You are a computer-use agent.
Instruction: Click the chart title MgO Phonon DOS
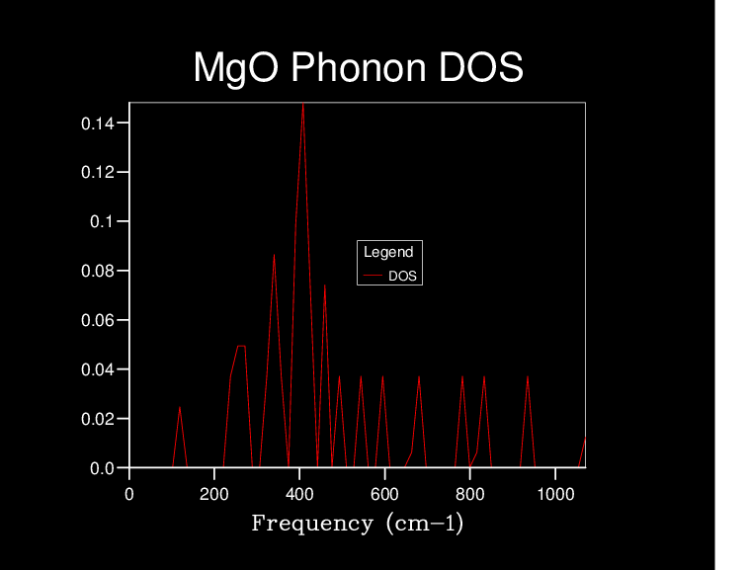pos(358,68)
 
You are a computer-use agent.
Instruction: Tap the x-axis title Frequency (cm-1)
pos(358,523)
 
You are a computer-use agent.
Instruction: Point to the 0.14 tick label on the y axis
pos(97,123)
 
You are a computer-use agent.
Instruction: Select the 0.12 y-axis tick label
pos(97,173)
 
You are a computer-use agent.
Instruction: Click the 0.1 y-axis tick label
pos(102,221)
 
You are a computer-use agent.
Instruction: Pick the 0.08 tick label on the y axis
pos(97,271)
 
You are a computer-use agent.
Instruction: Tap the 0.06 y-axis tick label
pos(97,320)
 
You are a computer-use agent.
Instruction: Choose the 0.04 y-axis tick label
pos(97,369)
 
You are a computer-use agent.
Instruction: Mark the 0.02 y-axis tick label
pos(97,419)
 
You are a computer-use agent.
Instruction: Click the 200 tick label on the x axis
pos(214,494)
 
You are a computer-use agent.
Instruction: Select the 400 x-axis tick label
pos(299,494)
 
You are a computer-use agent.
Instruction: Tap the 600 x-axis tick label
pos(384,494)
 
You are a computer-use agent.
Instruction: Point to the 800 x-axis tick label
pos(469,494)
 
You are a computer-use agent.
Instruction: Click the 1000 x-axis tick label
pos(554,494)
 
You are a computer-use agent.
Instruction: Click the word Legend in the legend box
pos(388,252)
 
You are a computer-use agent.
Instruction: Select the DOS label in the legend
pos(402,276)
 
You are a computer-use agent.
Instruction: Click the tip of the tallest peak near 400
pos(302,104)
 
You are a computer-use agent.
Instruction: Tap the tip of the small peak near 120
pos(180,407)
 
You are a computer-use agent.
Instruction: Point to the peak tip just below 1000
pos(528,376)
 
